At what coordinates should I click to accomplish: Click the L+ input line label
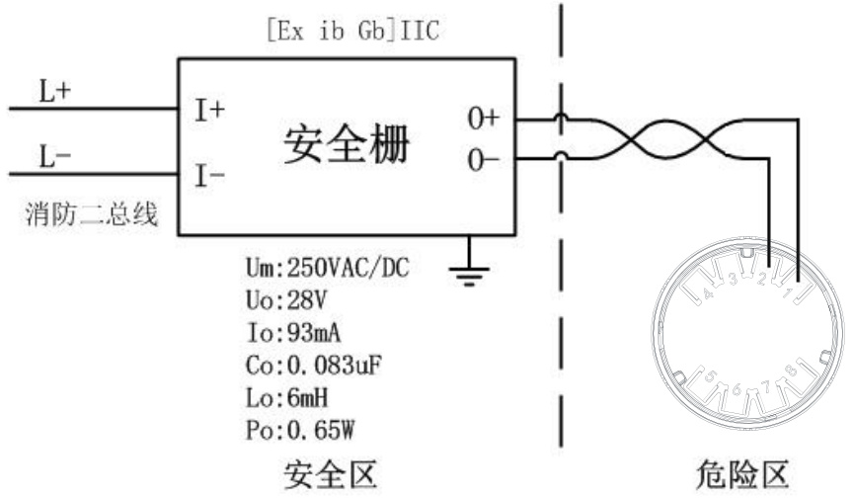point(55,91)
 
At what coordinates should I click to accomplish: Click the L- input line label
point(55,157)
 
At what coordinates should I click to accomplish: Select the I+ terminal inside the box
point(209,111)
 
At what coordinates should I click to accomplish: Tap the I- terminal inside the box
point(209,176)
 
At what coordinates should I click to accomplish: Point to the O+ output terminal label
point(483,119)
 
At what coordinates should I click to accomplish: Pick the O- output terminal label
point(483,160)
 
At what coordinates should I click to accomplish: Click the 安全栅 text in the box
point(347,145)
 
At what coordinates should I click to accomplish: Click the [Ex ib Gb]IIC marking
point(353,31)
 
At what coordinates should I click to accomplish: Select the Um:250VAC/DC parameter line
point(327,268)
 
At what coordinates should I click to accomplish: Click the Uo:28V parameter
point(285,300)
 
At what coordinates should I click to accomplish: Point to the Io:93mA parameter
point(293,333)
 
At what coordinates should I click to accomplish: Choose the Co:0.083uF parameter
point(313,366)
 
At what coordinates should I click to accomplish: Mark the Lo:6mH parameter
point(286,398)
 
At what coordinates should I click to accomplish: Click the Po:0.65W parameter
point(300,431)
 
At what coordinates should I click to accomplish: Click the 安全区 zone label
point(330,475)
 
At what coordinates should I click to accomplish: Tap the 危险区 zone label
point(742,475)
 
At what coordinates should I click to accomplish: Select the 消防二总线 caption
point(92,213)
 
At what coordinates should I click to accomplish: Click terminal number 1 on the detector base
point(788,292)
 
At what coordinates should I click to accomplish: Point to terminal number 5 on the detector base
point(711,376)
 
